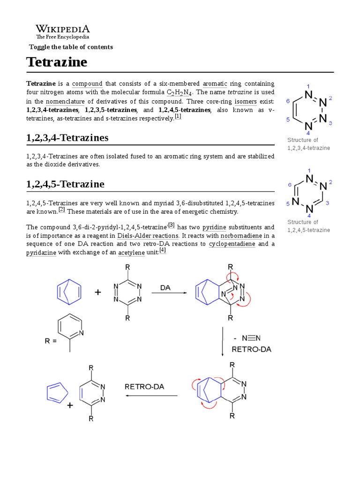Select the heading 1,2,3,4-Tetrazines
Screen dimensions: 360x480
click(x=67, y=137)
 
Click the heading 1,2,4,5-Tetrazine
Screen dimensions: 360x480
click(x=65, y=184)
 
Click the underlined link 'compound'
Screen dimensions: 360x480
click(x=87, y=84)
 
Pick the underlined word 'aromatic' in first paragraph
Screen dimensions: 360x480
click(x=215, y=84)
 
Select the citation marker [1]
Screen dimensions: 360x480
click(x=178, y=117)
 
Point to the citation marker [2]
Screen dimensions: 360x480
click(x=61, y=210)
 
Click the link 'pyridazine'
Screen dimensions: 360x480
click(x=41, y=253)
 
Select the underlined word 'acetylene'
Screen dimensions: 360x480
click(x=131, y=253)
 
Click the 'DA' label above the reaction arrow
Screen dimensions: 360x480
click(x=165, y=287)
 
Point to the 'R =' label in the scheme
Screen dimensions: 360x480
click(x=51, y=341)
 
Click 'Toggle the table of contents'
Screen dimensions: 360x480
click(x=71, y=47)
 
